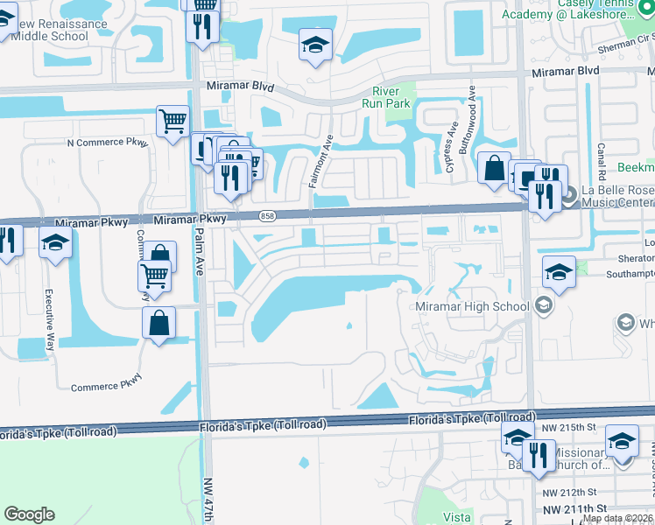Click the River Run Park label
[x=385, y=97]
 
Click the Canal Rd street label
[x=602, y=161]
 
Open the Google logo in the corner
[x=29, y=514]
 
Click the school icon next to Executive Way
[x=55, y=245]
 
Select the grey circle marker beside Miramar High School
[x=543, y=305]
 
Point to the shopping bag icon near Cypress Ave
[x=494, y=166]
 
